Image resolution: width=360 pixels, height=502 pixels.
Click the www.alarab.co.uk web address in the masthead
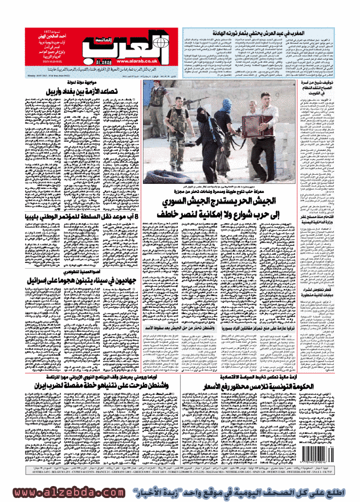tap(135, 63)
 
